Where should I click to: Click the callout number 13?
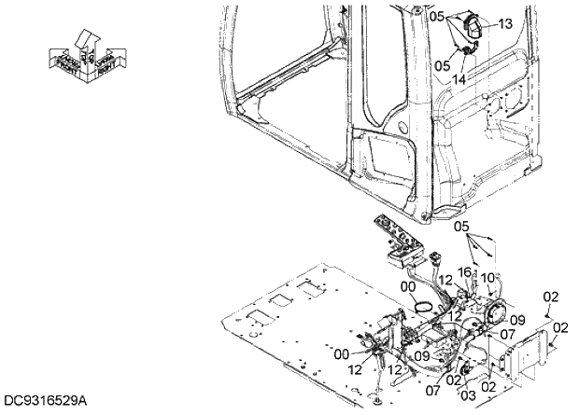505,23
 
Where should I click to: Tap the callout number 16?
464,272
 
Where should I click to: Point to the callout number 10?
487,277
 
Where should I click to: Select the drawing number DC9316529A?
44,402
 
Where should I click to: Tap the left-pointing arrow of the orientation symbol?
60,59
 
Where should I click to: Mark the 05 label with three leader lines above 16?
462,227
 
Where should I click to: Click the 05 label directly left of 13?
442,66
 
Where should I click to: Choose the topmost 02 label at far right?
550,296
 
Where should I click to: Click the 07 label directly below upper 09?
506,333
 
